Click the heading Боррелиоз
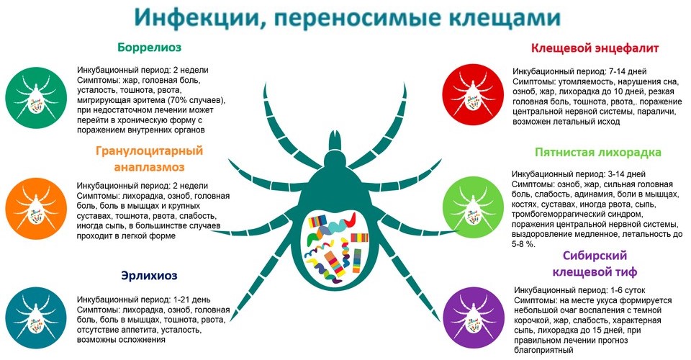pos(150,47)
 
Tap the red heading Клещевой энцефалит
pos(595,48)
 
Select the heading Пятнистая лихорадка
pos(598,153)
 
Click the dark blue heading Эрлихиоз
pos(150,276)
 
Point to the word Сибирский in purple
pos(595,256)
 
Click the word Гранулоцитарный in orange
pos(150,150)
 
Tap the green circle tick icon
pos(36,98)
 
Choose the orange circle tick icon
pos(36,208)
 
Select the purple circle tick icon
pos(473,318)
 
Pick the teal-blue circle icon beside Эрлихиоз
pos(36,318)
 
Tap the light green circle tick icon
pos(473,207)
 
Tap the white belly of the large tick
pos(335,249)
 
